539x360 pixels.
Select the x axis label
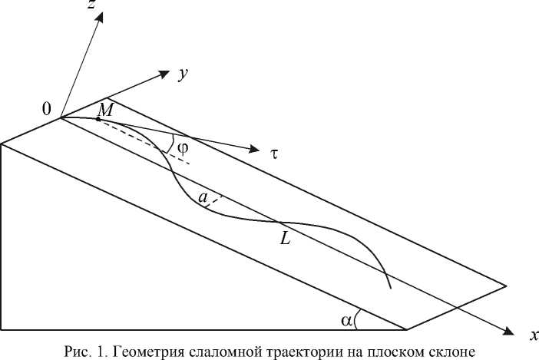531,335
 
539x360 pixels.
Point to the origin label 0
47,110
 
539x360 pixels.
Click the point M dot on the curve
98,119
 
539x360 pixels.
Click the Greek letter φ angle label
182,148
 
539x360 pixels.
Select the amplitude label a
203,199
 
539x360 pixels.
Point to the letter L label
285,239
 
